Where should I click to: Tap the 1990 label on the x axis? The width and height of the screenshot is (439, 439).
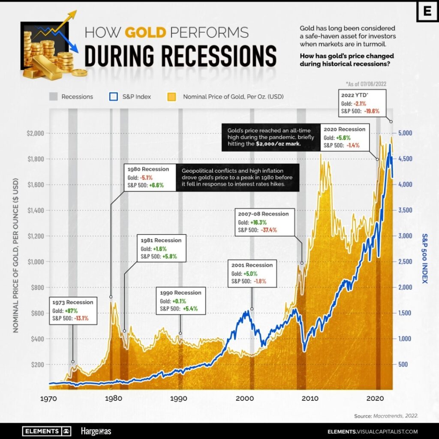click(178, 397)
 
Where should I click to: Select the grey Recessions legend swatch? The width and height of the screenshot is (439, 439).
click(53, 96)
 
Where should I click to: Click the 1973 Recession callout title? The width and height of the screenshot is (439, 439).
click(73, 302)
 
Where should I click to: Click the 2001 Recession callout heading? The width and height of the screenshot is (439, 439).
click(252, 265)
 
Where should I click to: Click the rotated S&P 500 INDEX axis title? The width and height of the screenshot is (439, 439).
click(426, 257)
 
